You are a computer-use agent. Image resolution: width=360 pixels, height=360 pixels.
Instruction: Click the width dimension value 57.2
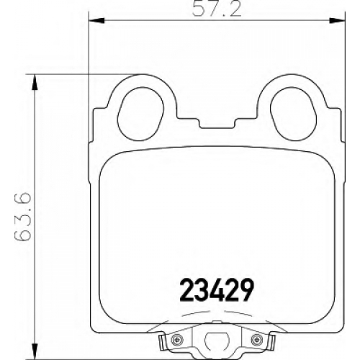coord(217,9)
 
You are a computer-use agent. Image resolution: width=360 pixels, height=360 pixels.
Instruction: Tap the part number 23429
coord(217,290)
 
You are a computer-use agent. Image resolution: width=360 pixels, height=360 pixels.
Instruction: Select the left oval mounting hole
coord(140,114)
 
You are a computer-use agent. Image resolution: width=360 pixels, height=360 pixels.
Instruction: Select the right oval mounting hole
coord(293,114)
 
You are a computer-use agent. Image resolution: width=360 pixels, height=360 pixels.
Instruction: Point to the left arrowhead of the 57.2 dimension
coord(97,20)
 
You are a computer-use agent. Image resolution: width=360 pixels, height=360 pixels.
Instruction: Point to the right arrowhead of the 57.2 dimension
coord(337,20)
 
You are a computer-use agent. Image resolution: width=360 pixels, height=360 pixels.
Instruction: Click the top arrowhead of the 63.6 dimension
coord(35,82)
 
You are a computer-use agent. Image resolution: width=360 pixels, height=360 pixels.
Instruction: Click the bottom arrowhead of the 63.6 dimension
coord(35,351)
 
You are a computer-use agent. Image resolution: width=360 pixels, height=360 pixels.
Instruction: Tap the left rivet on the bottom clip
coord(177,339)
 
